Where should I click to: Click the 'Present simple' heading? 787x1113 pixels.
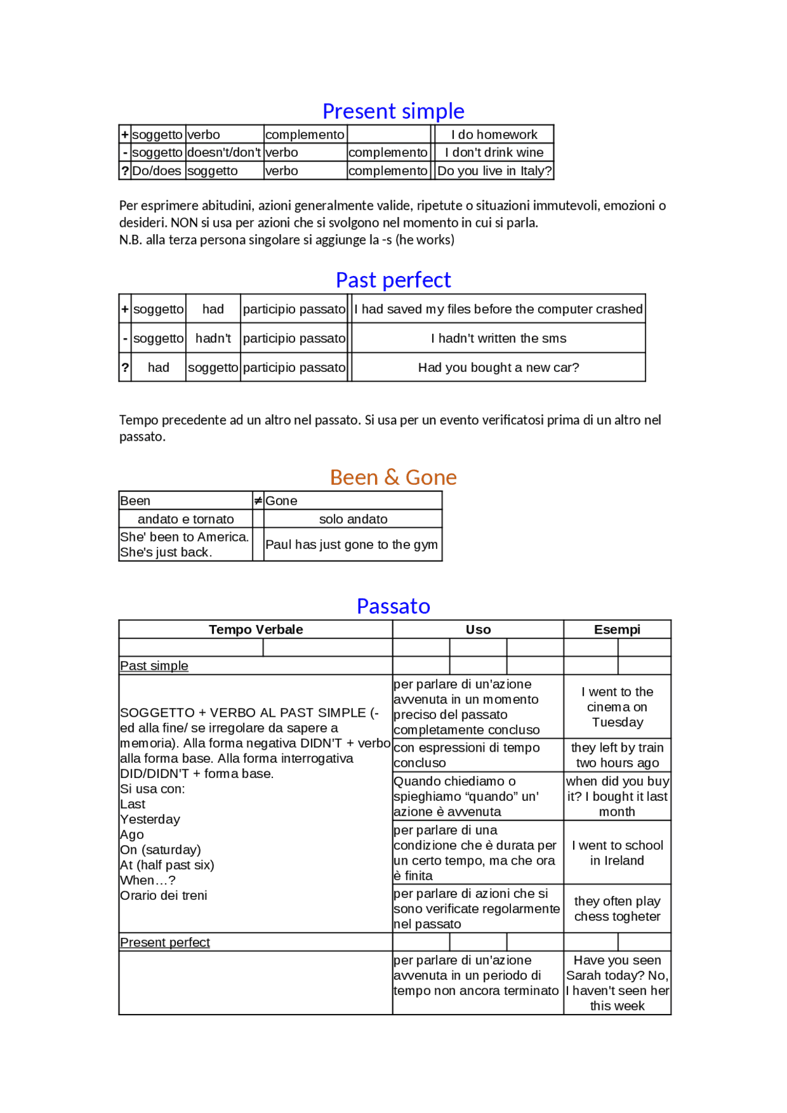[x=393, y=111]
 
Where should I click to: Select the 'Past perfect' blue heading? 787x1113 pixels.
[x=393, y=280]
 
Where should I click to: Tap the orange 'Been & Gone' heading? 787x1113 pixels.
[x=393, y=478]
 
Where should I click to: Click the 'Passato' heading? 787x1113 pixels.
[x=393, y=607]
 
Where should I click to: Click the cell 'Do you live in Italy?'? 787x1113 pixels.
[x=494, y=171]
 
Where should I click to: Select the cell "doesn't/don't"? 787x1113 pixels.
[x=224, y=152]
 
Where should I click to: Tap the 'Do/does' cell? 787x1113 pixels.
[x=157, y=171]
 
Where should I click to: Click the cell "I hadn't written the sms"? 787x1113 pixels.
[x=498, y=339]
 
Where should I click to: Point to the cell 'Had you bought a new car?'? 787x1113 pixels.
[x=498, y=368]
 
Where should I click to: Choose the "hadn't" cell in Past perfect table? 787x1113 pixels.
[x=213, y=339]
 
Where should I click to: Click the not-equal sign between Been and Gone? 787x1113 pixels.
[x=258, y=501]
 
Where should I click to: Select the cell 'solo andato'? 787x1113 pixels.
[x=353, y=519]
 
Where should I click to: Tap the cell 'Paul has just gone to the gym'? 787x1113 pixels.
[x=352, y=545]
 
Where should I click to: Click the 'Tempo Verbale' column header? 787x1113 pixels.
[x=256, y=630]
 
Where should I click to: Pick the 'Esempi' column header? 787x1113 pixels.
[x=617, y=630]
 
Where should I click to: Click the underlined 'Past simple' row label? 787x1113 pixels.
[x=154, y=666]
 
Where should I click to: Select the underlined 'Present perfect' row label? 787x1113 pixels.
[x=165, y=943]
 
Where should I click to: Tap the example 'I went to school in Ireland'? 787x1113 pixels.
[x=617, y=853]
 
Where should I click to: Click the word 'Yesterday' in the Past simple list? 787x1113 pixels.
[x=150, y=820]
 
